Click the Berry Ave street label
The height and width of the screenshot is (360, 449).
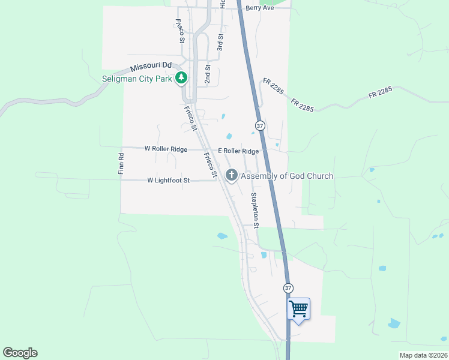click(x=259, y=8)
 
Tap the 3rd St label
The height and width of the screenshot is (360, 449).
click(x=220, y=41)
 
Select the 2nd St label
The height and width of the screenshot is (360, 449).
click(x=208, y=73)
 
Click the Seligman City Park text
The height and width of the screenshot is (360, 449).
click(x=136, y=78)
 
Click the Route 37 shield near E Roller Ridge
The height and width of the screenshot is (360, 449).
click(x=259, y=125)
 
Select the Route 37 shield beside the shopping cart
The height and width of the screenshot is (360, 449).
click(x=288, y=288)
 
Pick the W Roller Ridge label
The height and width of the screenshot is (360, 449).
click(x=166, y=149)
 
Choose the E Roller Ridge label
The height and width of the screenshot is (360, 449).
click(x=238, y=151)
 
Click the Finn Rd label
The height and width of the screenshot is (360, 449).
click(x=121, y=164)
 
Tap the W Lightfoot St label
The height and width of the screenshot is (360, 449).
click(x=168, y=180)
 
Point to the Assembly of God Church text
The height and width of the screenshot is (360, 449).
click(x=287, y=176)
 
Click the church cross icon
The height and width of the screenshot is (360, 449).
click(x=231, y=175)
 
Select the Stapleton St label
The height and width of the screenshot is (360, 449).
click(x=254, y=211)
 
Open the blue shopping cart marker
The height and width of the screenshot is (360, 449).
click(x=298, y=310)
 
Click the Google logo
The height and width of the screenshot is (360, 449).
click(x=20, y=353)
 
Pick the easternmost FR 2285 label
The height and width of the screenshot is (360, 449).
click(x=380, y=94)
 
